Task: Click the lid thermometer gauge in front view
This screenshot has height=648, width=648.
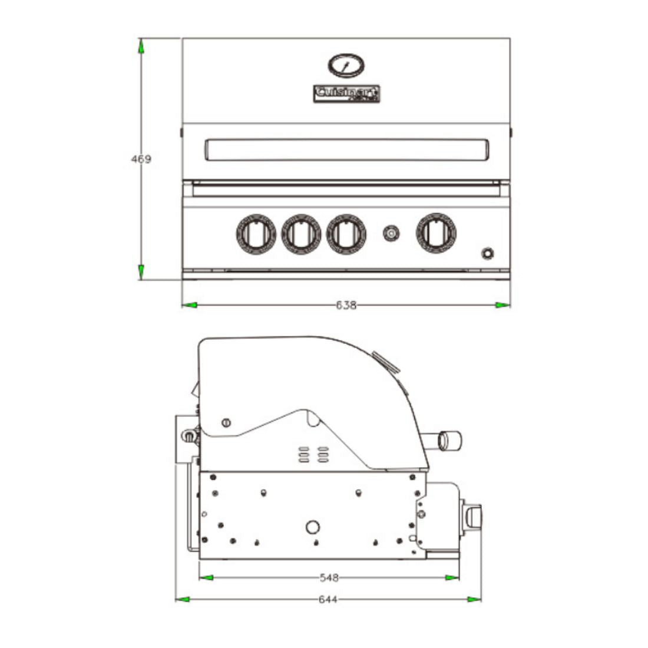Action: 345,66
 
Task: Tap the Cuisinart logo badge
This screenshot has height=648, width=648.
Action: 346,94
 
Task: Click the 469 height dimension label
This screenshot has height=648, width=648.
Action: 141,159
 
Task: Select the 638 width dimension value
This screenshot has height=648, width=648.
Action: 346,305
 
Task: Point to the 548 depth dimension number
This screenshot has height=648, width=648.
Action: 329,578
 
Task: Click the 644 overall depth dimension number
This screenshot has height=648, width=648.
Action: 328,600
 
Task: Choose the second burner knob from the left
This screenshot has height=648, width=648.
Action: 301,234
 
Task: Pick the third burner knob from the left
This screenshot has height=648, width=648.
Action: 346,234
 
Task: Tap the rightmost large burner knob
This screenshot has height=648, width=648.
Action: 437,233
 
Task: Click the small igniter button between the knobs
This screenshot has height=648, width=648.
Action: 390,234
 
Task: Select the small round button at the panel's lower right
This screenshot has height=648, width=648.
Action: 487,254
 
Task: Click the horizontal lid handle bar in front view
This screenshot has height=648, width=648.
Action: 346,150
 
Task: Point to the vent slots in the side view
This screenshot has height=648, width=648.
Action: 313,454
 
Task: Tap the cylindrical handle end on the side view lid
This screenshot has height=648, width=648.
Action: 451,439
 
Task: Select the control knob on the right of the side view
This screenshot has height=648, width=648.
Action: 474,516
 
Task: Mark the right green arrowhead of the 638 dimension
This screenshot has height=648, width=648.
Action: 502,305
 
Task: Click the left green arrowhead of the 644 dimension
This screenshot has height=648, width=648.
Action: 183,600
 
